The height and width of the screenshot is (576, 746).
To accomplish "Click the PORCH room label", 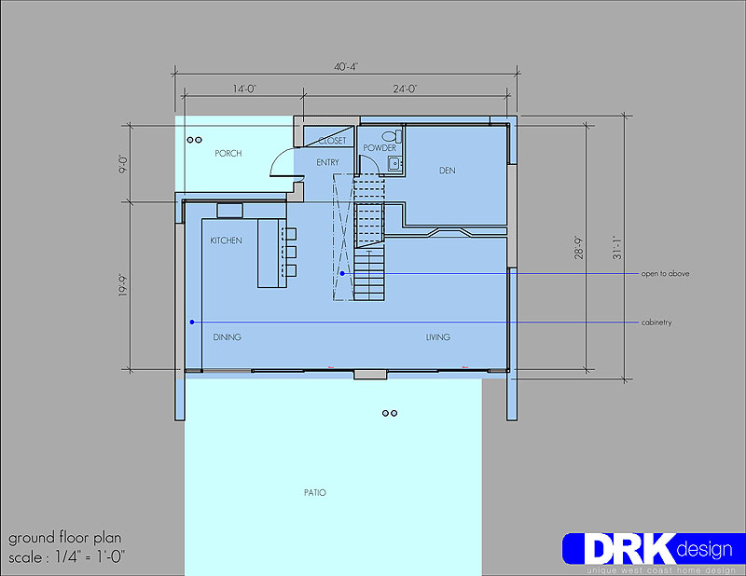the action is tap(228, 153).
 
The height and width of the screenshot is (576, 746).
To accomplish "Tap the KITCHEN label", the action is tap(226, 240).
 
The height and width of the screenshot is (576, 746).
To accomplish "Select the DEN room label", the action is tap(448, 171).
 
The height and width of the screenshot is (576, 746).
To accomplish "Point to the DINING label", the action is tap(227, 337).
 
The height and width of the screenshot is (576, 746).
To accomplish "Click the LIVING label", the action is tap(437, 337).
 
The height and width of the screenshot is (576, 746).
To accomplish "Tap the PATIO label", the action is tap(315, 492).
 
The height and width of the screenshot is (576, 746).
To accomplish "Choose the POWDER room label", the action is tap(380, 148).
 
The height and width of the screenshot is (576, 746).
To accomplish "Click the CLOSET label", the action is tap(333, 141).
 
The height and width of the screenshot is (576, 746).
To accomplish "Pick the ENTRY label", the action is tap(328, 163).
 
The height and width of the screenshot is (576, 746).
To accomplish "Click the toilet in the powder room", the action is tap(392, 136).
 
